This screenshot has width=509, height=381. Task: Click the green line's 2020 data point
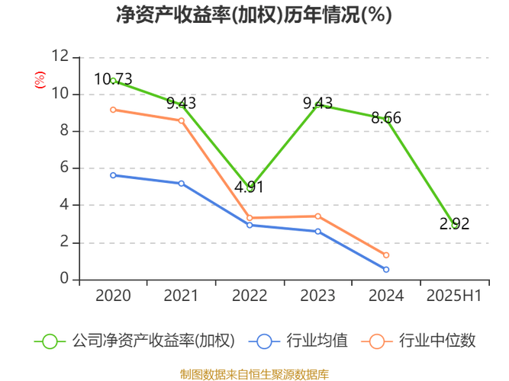pyautogui.click(x=114, y=80)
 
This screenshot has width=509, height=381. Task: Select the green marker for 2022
pyautogui.click(x=250, y=187)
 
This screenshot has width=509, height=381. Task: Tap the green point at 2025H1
pyautogui.click(x=455, y=224)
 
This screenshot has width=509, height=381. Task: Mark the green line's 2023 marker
pyautogui.click(x=318, y=104)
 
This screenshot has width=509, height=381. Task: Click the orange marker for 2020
pyautogui.click(x=113, y=110)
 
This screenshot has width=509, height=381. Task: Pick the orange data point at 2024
pyautogui.click(x=386, y=255)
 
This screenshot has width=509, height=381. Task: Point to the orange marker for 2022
pyautogui.click(x=250, y=218)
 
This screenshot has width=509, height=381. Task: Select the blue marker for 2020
pyautogui.click(x=113, y=175)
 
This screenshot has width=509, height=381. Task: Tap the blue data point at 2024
pyautogui.click(x=386, y=270)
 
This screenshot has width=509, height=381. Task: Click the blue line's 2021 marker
pyautogui.click(x=182, y=184)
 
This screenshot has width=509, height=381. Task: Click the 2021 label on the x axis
pyautogui.click(x=182, y=295)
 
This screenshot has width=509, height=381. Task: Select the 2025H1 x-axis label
pyautogui.click(x=455, y=295)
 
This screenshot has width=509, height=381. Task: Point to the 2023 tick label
pyautogui.click(x=318, y=295)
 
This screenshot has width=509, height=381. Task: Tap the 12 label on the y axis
pyautogui.click(x=61, y=56)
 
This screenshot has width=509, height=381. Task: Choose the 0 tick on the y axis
pyautogui.click(x=66, y=278)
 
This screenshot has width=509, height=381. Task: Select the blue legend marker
pyautogui.click(x=265, y=341)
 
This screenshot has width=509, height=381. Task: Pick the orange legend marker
pyautogui.click(x=376, y=341)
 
